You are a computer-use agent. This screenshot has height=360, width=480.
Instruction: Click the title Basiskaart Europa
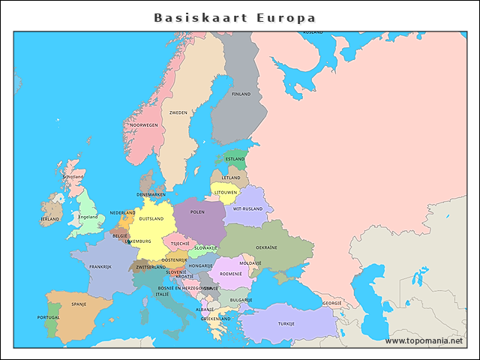(235, 17)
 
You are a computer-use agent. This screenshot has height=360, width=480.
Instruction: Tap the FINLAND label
(241, 94)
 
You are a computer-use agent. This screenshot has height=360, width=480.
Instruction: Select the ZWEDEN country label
(178, 112)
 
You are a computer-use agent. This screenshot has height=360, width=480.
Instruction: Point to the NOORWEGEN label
(144, 125)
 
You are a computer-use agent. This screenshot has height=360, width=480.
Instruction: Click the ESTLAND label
(235, 159)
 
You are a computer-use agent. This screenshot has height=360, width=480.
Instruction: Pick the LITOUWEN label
(226, 192)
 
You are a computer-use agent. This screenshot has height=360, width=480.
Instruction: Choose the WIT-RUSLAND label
(248, 208)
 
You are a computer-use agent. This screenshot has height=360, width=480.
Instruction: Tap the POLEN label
(197, 212)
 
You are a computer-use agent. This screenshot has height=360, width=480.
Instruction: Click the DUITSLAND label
(151, 219)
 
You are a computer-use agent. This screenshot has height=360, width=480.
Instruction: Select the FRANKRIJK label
(100, 267)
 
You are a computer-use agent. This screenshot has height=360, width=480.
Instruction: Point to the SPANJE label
(79, 304)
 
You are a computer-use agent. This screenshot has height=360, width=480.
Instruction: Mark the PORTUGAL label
(48, 317)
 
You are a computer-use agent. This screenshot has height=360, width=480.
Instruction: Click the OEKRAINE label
(266, 247)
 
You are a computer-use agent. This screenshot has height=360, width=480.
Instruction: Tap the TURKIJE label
(286, 323)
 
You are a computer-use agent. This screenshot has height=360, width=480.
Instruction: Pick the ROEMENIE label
(231, 274)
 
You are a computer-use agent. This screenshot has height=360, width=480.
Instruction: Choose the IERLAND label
(49, 219)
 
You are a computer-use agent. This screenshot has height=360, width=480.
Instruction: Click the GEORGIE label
(332, 303)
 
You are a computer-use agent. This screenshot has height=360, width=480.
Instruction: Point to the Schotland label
(73, 176)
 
